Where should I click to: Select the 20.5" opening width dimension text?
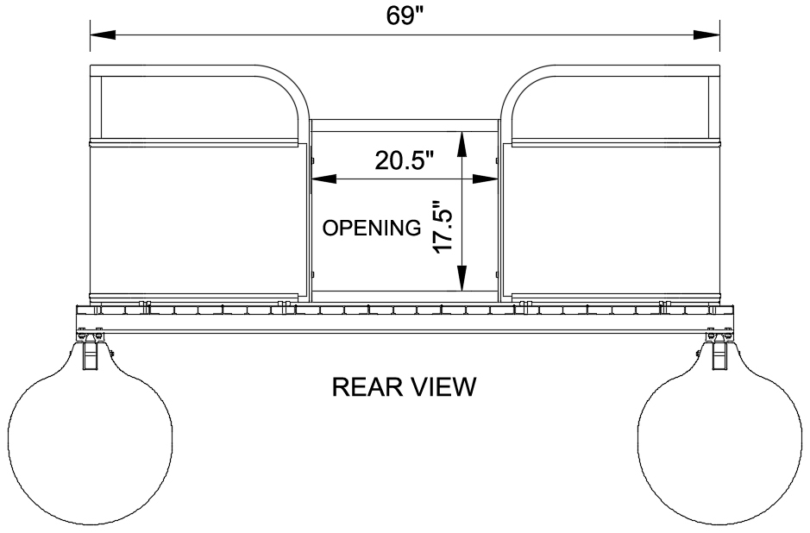click(404, 161)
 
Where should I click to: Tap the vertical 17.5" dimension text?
click(443, 227)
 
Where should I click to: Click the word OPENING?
click(372, 228)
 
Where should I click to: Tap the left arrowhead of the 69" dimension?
click(103, 34)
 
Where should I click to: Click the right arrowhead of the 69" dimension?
click(706, 34)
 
